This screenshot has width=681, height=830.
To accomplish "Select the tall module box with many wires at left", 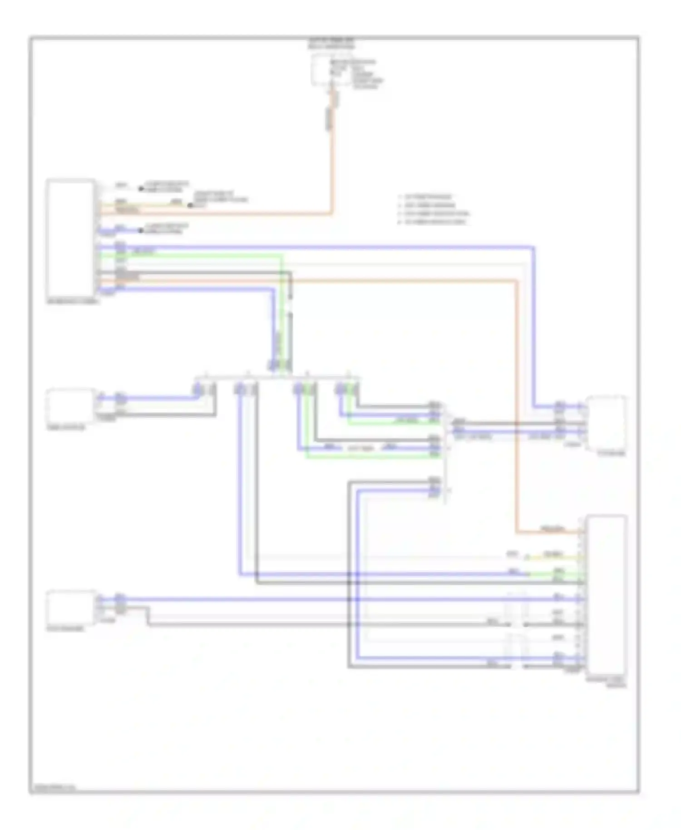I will pyautogui.click(x=70, y=237).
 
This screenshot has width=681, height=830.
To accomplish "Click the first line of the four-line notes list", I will pyautogui.click(x=427, y=197).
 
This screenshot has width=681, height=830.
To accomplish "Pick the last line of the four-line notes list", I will pyautogui.click(x=434, y=222).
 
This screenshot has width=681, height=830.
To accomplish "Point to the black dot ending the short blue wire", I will pyautogui.click(x=141, y=231).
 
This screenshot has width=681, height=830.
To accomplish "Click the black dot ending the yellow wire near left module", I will pyautogui.click(x=191, y=205).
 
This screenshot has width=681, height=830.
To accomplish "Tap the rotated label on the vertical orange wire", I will pyautogui.click(x=329, y=119).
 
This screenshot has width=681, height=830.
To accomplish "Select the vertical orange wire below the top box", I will pyautogui.click(x=332, y=173).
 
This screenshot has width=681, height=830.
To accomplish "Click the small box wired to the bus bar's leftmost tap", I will pyautogui.click(x=70, y=405).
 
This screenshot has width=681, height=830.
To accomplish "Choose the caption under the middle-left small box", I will pyautogui.click(x=66, y=427).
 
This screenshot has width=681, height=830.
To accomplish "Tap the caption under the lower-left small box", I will pyautogui.click(x=65, y=629).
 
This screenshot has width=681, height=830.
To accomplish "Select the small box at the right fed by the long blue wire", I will pyautogui.click(x=607, y=423).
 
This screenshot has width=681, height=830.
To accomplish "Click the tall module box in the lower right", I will pyautogui.click(x=606, y=595).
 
